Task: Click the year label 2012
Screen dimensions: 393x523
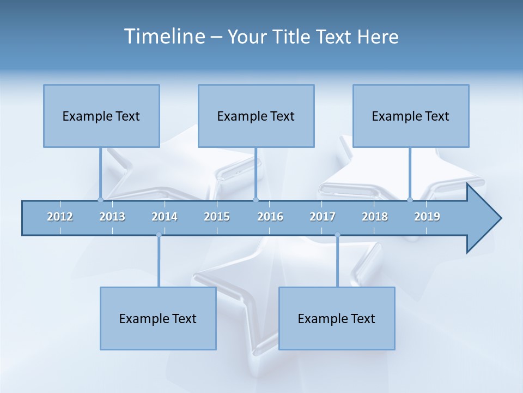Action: [x=60, y=217]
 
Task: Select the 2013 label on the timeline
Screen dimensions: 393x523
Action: [x=112, y=217]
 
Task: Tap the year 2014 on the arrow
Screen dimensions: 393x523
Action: [x=165, y=217]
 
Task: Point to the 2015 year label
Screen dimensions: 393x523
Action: [x=217, y=217]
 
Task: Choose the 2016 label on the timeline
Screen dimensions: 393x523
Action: [x=270, y=217]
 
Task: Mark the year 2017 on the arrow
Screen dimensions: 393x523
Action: [x=323, y=217]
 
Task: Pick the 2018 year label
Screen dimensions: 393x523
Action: [x=375, y=217]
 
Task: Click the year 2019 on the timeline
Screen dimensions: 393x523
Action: [x=427, y=217]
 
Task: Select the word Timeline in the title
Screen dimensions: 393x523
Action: [x=163, y=37]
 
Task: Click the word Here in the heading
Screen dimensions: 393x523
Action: [x=378, y=37]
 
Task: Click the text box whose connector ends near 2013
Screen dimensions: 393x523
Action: [x=101, y=116]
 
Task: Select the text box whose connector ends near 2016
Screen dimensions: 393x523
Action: [x=256, y=116]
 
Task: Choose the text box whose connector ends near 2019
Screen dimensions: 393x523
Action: [x=411, y=116]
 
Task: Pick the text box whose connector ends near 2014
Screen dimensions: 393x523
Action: [x=158, y=318]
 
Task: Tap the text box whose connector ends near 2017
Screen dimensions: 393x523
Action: [x=337, y=318]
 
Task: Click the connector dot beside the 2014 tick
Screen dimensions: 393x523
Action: [x=159, y=235]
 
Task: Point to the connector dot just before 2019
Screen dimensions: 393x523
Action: [x=410, y=200]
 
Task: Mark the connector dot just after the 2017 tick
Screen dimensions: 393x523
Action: [x=337, y=235]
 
